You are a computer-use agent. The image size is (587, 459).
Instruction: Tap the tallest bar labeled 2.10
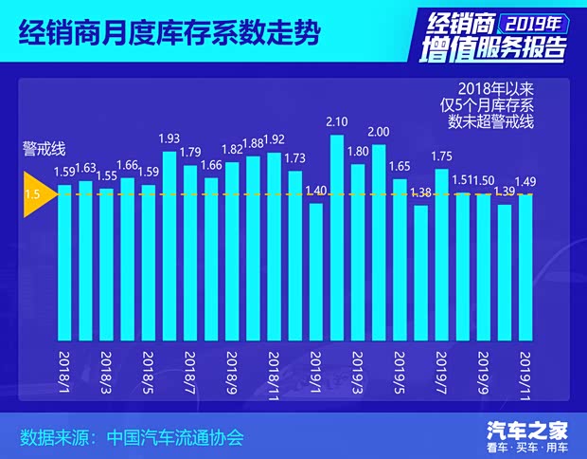point(336,237)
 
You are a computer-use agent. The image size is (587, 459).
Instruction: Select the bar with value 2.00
point(378,242)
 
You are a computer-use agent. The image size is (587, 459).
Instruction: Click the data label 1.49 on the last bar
point(526,182)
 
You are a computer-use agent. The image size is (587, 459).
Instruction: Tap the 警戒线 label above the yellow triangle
point(44,149)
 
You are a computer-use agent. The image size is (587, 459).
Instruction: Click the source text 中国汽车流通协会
point(176,438)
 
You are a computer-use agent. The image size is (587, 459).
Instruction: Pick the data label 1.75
point(442,156)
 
